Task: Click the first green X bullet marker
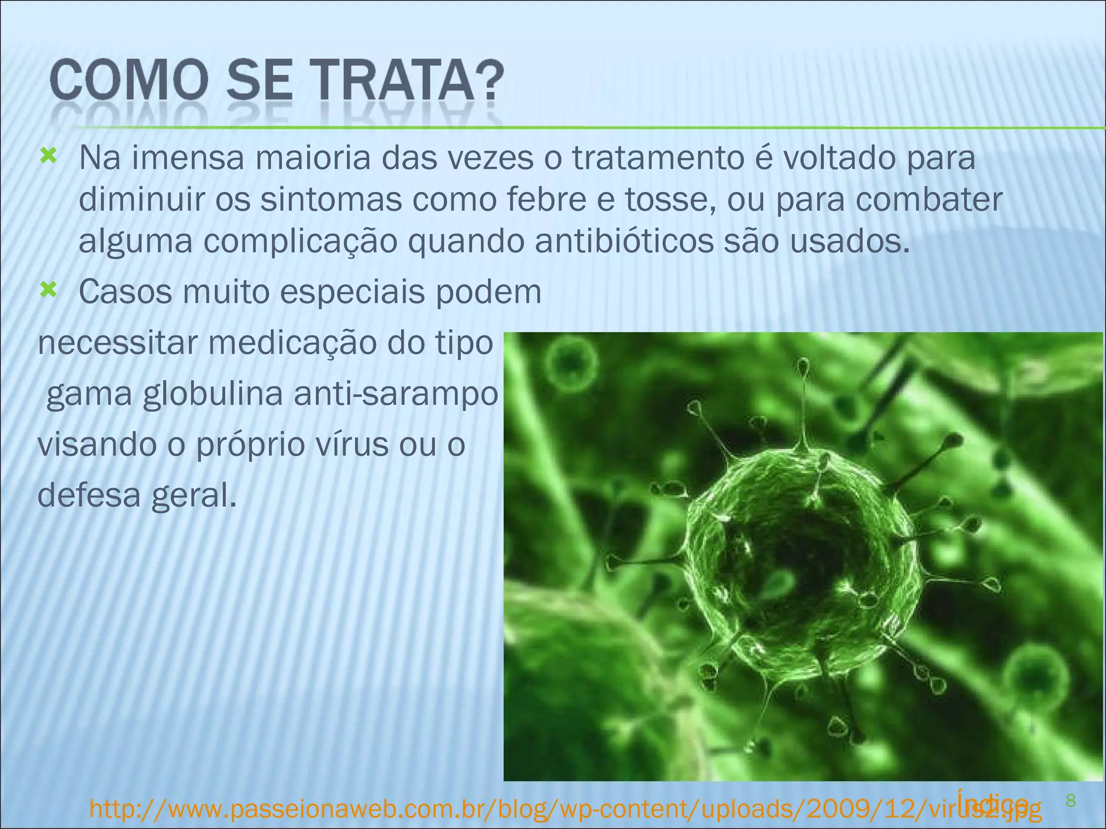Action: click(48, 157)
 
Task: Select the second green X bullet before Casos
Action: click(48, 291)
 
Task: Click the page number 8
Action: click(1071, 801)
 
